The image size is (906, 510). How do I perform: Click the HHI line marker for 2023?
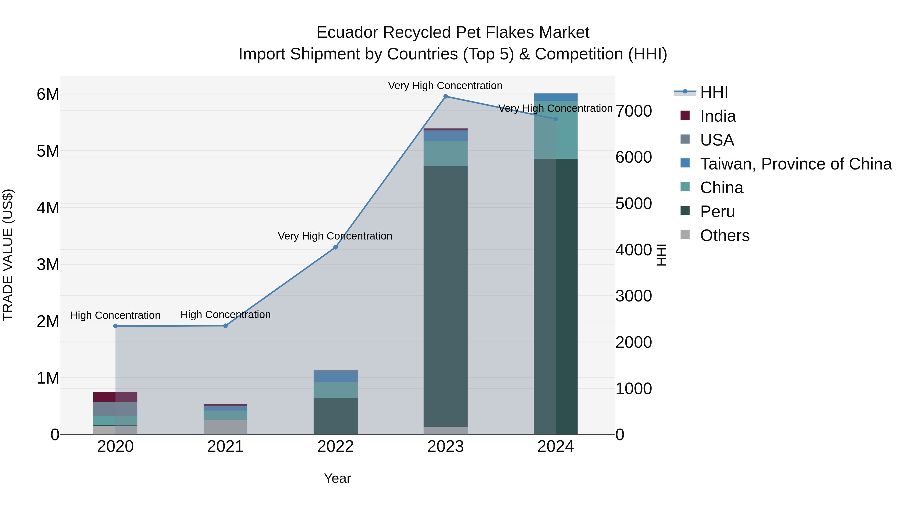click(x=445, y=96)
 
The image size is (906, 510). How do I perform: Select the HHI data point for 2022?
click(x=335, y=247)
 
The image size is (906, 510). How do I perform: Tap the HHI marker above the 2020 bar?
click(x=115, y=326)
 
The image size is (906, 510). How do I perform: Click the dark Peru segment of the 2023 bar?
click(x=445, y=296)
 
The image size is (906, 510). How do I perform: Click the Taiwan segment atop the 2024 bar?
click(x=555, y=97)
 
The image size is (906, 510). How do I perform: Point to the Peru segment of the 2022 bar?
click(x=335, y=416)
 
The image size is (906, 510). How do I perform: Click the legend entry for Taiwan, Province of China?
click(x=796, y=164)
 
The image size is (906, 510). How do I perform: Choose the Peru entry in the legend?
click(x=717, y=212)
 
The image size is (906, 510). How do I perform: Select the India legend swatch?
click(x=685, y=115)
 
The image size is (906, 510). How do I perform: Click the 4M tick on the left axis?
click(x=48, y=208)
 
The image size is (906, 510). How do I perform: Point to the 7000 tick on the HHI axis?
click(x=633, y=111)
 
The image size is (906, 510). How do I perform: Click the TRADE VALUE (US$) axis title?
click(x=8, y=255)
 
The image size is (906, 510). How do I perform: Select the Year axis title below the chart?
click(x=337, y=478)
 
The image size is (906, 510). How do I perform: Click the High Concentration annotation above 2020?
click(x=115, y=315)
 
